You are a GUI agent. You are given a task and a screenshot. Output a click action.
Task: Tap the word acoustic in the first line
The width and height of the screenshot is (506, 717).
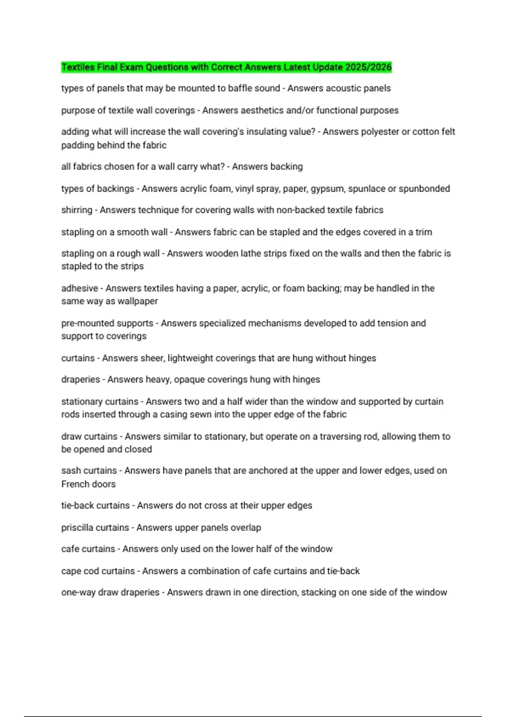[x=341, y=88]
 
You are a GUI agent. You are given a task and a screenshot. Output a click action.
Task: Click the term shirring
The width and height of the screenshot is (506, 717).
[x=77, y=210]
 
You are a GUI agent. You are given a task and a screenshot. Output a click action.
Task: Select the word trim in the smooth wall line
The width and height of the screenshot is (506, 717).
[x=423, y=232]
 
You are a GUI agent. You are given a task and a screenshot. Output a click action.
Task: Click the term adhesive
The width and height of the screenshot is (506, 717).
[x=79, y=288]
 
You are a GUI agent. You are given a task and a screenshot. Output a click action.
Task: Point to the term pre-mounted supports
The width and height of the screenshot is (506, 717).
[x=107, y=323]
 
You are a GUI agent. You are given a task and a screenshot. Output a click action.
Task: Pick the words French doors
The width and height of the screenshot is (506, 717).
[x=88, y=484]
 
